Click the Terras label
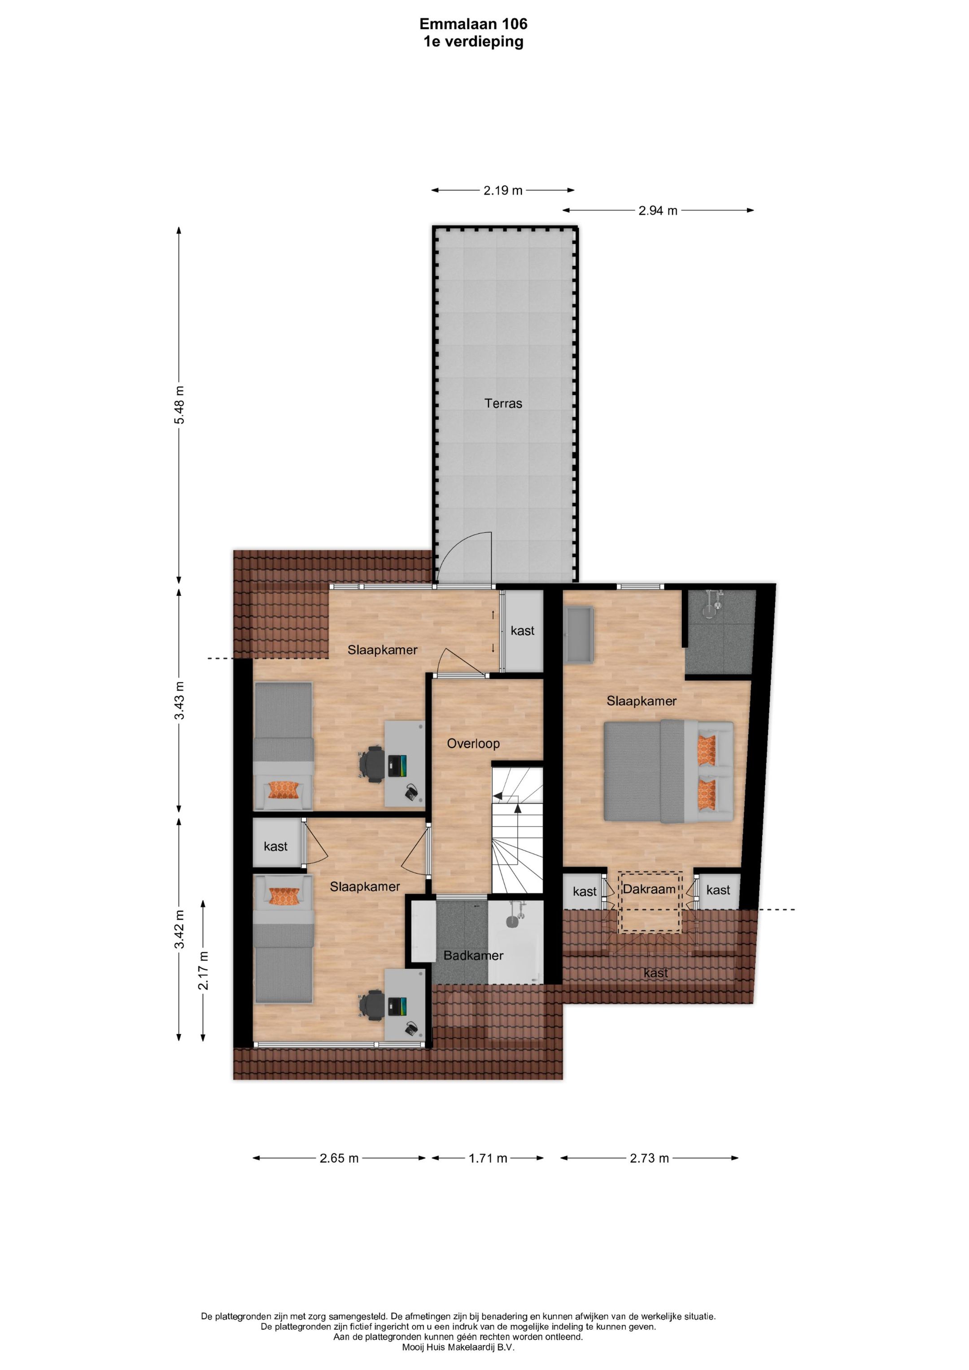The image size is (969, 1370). pos(503,403)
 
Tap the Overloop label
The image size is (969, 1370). pos(473,744)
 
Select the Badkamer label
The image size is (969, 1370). pos(473,955)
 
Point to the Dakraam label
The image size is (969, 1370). pos(649,889)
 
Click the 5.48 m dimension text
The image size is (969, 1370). pos(179,404)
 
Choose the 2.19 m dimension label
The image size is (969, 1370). pos(503,190)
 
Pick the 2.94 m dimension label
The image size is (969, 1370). pos(658,211)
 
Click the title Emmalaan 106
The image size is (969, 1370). pos(473,24)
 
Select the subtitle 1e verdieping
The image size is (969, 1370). pos(473,42)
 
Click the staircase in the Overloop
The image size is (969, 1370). pos(517,830)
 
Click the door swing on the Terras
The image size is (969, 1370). pos(464,556)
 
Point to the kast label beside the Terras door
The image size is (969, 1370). pos(523,631)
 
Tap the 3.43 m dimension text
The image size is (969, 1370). pos(179,700)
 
